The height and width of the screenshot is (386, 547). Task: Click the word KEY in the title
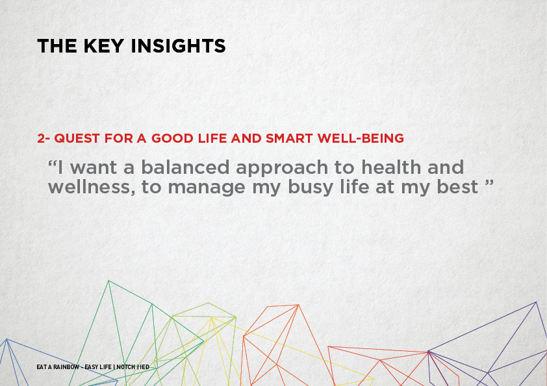103,46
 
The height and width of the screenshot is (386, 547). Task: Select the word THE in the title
57,46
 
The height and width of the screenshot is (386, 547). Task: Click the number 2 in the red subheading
42,138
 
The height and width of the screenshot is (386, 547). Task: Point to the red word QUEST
77,138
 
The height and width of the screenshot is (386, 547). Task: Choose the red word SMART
289,138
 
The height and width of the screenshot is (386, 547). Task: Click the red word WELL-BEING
361,138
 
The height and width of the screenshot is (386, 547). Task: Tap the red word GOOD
172,138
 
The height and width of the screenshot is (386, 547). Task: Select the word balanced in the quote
185,167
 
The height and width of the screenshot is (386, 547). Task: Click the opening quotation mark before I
53,163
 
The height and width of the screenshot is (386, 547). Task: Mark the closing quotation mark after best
489,182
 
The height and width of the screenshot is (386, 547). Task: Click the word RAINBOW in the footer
66,367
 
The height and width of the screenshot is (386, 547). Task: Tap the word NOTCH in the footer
126,367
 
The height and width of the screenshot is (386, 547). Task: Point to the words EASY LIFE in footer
98,367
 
